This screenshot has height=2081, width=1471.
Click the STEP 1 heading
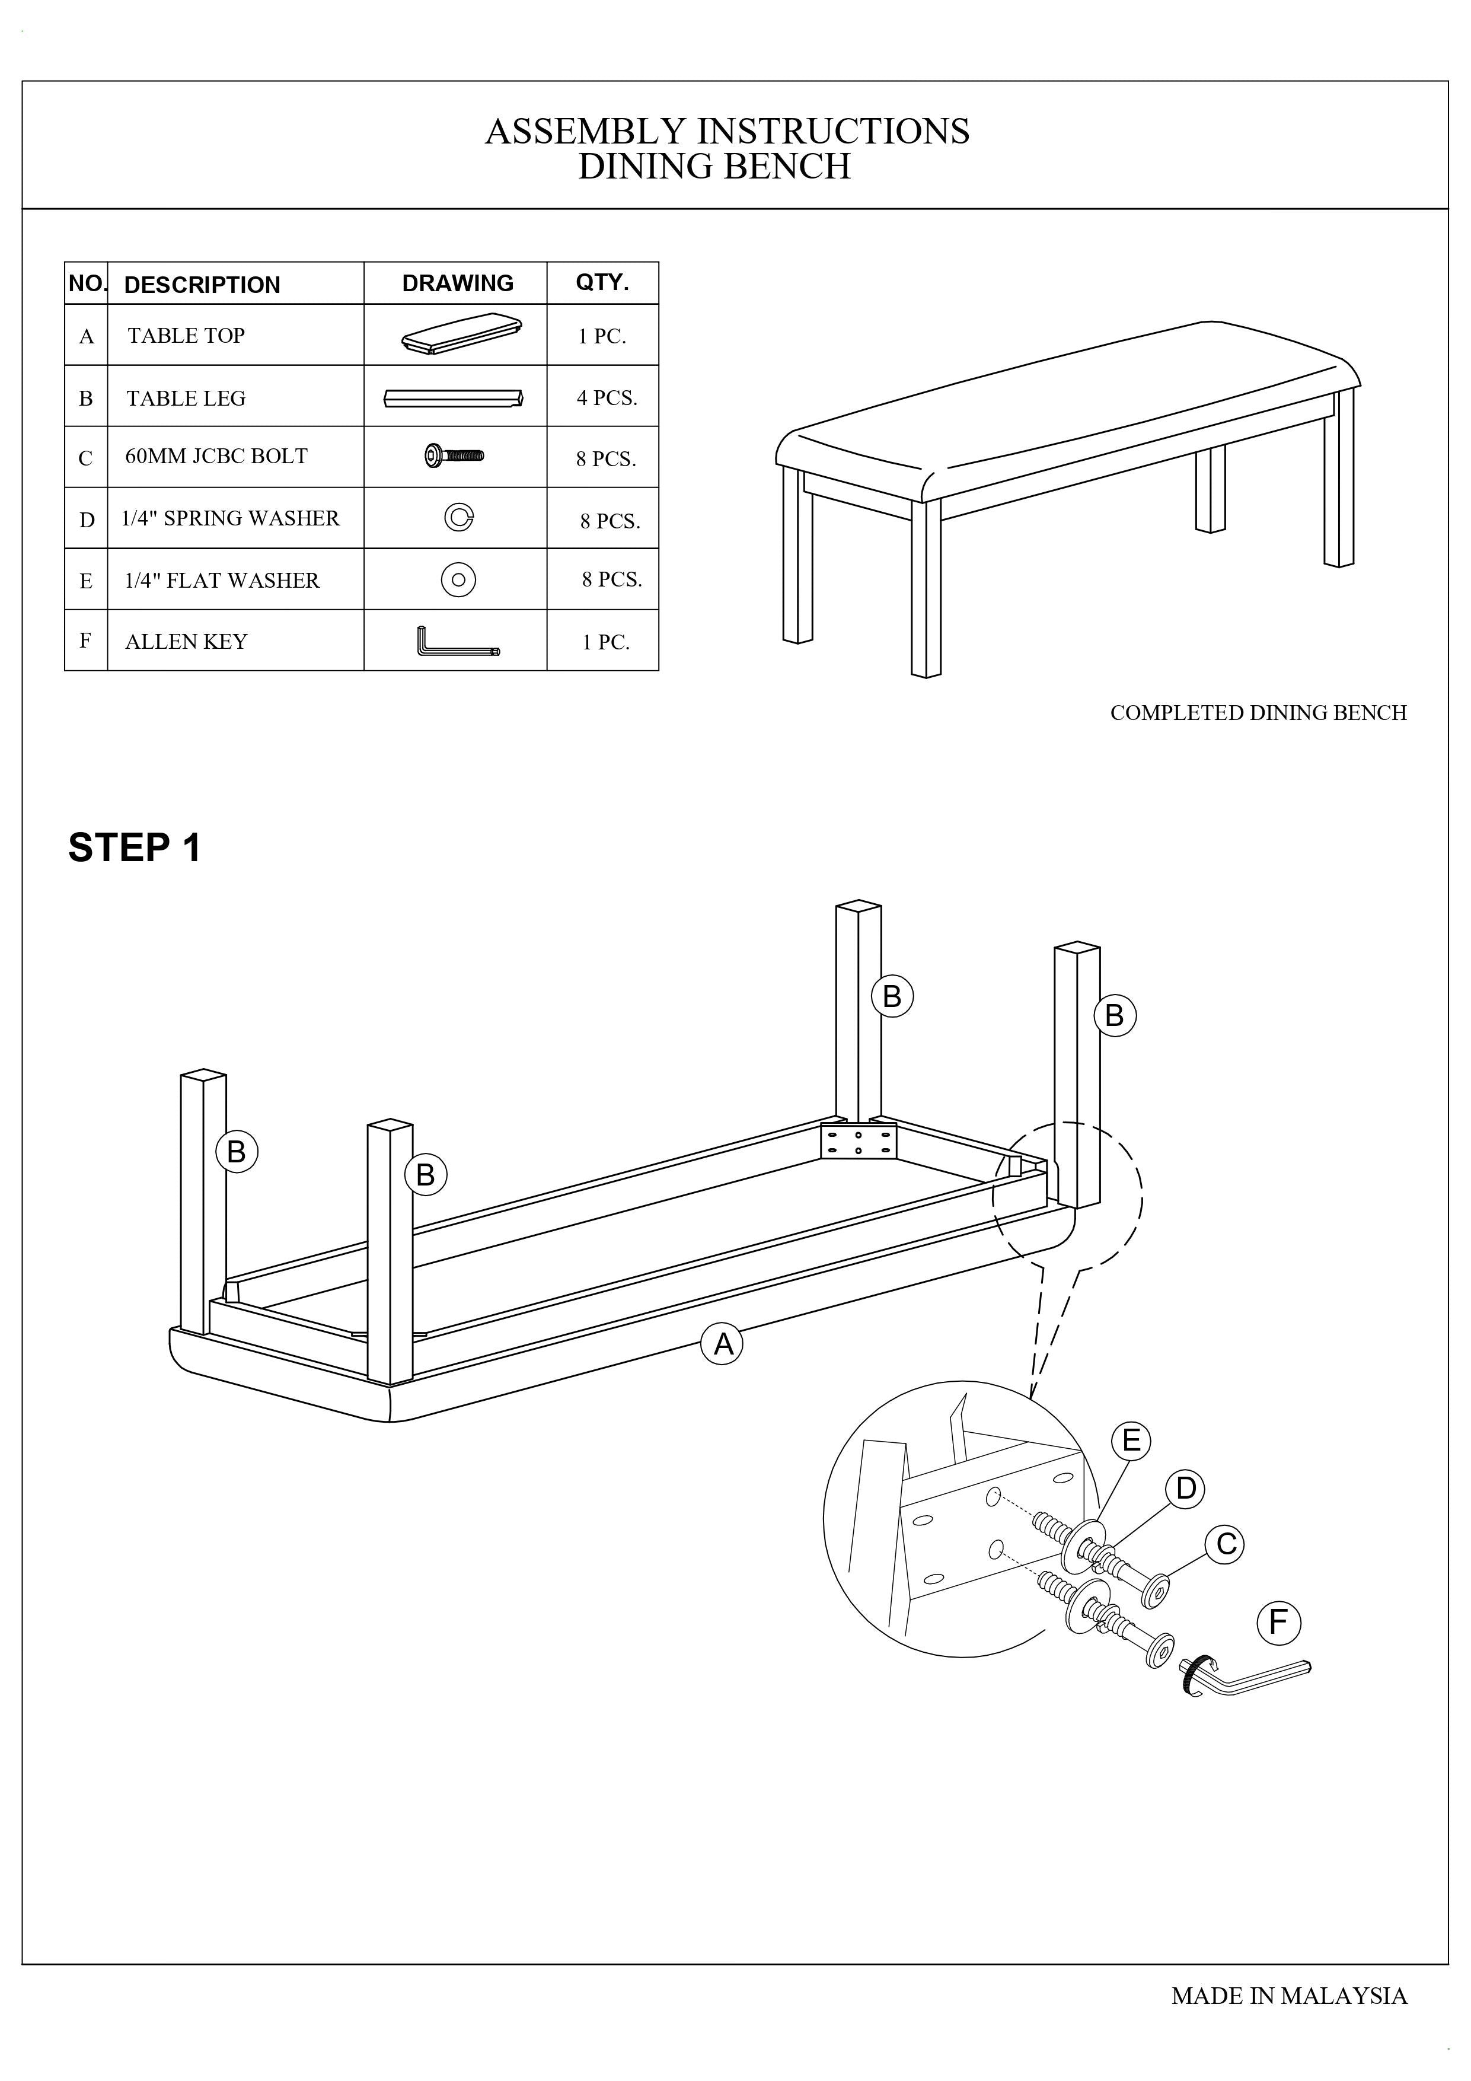coord(134,847)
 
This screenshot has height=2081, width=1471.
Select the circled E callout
coord(1131,1440)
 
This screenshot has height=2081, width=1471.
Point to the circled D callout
coord(1185,1488)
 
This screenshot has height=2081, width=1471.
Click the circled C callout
coord(1226,1544)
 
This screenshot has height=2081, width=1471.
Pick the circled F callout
coord(1278,1621)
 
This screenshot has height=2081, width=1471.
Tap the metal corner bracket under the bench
coord(857,1141)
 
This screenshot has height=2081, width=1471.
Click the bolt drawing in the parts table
coord(455,455)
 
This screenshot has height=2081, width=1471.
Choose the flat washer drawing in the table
coord(458,579)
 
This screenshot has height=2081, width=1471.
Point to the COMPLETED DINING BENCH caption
coord(1258,712)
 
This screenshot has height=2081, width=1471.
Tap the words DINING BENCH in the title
coord(714,167)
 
